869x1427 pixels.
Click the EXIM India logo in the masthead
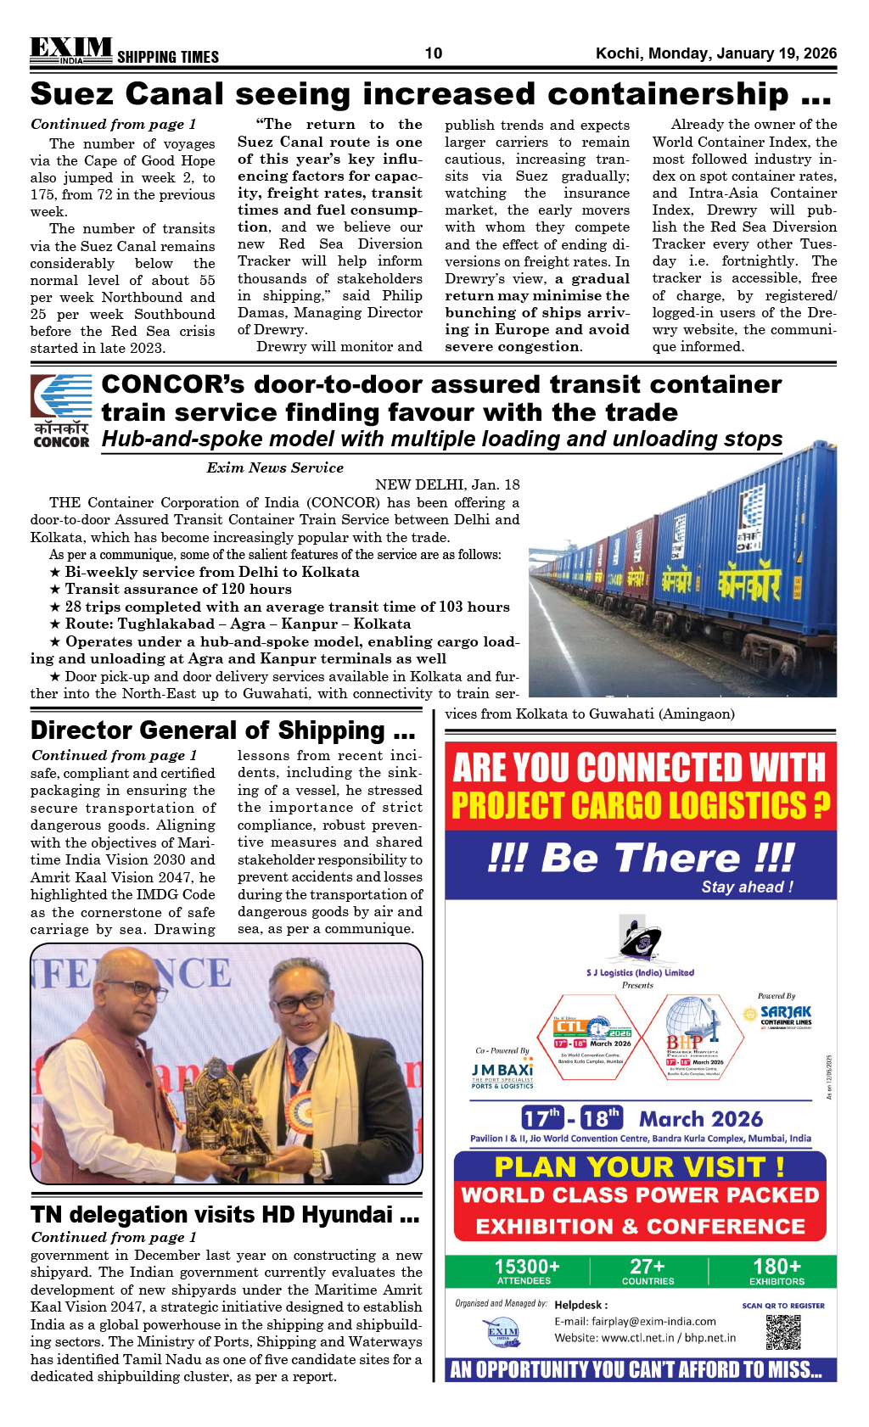pyautogui.click(x=71, y=51)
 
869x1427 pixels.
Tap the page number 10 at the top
pyautogui.click(x=434, y=53)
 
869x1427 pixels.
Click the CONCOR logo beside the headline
pyautogui.click(x=61, y=411)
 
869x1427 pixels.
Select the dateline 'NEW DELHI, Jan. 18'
pyautogui.click(x=447, y=484)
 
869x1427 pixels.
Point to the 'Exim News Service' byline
pyautogui.click(x=275, y=467)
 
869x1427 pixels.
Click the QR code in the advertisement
pyautogui.click(x=782, y=1332)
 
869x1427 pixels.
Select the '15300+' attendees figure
pyautogui.click(x=527, y=1267)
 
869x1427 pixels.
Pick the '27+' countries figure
pyautogui.click(x=648, y=1267)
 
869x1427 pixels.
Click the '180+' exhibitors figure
pyautogui.click(x=776, y=1267)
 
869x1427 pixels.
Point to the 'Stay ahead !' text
pyautogui.click(x=747, y=887)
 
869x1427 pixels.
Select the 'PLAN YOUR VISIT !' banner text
pyautogui.click(x=639, y=1167)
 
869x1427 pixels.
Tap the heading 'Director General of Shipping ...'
pyautogui.click(x=222, y=730)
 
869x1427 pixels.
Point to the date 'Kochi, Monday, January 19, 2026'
pyautogui.click(x=715, y=53)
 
